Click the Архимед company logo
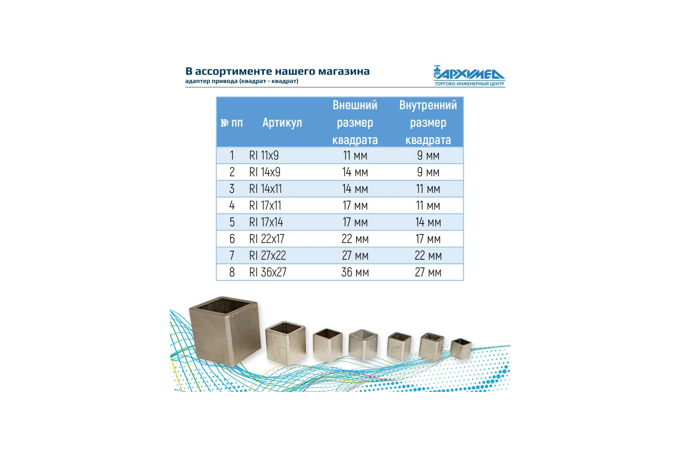pyautogui.click(x=469, y=76)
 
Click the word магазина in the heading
pyautogui.click(x=344, y=71)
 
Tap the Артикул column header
pyautogui.click(x=282, y=123)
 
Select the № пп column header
pyautogui.click(x=231, y=123)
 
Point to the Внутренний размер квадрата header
pyautogui.click(x=428, y=122)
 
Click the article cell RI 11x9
pyautogui.click(x=264, y=155)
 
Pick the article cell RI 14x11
pyautogui.click(x=265, y=189)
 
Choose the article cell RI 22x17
pyautogui.click(x=267, y=239)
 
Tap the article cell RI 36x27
pyautogui.click(x=268, y=272)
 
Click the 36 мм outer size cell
pyautogui.click(x=355, y=272)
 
